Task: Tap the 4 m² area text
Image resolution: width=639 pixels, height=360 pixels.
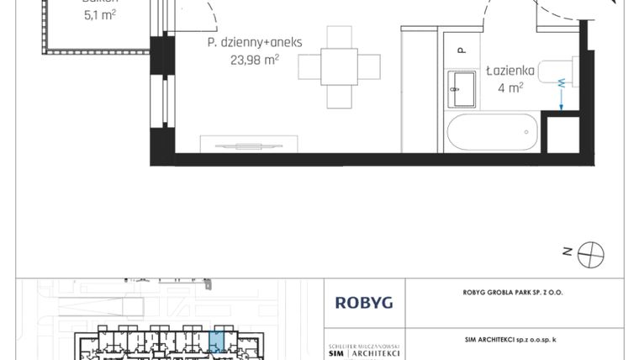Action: pyautogui.click(x=511, y=86)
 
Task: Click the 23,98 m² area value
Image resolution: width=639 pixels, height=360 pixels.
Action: pyautogui.click(x=254, y=60)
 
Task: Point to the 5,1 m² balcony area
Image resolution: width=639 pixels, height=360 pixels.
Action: pyautogui.click(x=99, y=13)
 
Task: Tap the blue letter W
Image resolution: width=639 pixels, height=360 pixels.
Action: pyautogui.click(x=560, y=82)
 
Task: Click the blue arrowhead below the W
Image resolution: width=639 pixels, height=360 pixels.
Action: pyautogui.click(x=561, y=108)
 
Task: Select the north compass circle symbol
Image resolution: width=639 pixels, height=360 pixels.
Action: pyautogui.click(x=592, y=251)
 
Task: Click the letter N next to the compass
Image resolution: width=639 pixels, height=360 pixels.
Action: pyautogui.click(x=568, y=251)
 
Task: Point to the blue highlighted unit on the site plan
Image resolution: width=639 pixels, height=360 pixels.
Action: pyautogui.click(x=216, y=341)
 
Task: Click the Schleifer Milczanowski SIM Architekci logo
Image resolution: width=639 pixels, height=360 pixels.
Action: pyautogui.click(x=363, y=351)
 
